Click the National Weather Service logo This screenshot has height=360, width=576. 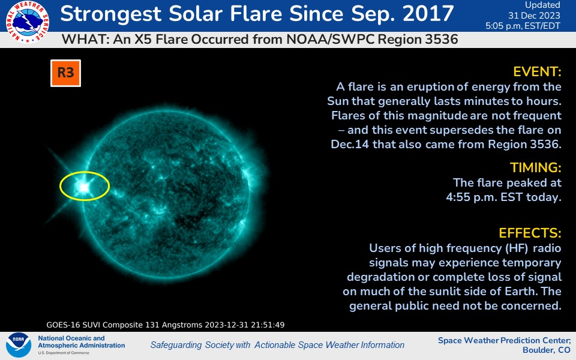pos(28,22)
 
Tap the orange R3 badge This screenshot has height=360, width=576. pos(66,73)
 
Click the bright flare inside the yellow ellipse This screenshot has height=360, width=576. pos(84,187)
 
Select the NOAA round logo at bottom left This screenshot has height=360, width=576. pos(19,345)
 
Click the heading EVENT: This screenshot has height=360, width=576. pos(537,71)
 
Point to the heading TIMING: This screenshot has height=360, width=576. pos(536,167)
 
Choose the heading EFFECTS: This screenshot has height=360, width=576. pos(530,233)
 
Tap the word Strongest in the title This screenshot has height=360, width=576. pos(111,14)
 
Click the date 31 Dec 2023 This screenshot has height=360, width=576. pos(534,16)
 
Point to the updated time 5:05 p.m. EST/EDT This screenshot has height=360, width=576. pos(523,26)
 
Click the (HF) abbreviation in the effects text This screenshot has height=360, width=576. pos(517,248)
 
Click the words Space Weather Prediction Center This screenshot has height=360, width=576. pos(505,340)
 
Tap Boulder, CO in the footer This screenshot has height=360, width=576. pos(546,350)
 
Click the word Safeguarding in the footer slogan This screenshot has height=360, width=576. pos(176,345)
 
